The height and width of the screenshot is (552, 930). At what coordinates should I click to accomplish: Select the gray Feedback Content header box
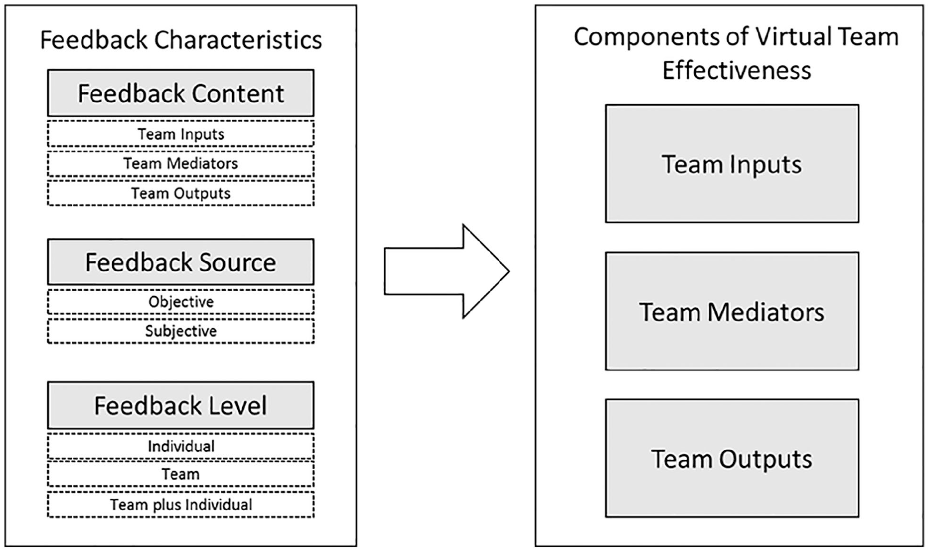click(180, 93)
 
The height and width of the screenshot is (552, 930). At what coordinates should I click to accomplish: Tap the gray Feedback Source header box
click(180, 262)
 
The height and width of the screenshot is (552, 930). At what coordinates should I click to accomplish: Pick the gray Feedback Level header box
click(180, 405)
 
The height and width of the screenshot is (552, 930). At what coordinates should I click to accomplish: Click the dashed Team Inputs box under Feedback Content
click(180, 134)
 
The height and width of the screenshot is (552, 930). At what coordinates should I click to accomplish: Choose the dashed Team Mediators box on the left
click(180, 164)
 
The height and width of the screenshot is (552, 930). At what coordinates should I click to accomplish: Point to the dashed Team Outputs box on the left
click(180, 193)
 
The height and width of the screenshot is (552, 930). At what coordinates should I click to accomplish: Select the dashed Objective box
click(180, 302)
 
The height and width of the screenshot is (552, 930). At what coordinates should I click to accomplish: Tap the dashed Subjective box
click(180, 331)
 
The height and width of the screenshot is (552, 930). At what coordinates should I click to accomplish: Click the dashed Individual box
click(180, 446)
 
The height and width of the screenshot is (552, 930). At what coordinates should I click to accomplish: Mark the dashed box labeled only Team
click(180, 474)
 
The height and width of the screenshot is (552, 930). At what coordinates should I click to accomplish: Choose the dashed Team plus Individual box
click(180, 505)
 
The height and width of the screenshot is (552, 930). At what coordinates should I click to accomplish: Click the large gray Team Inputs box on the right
click(732, 164)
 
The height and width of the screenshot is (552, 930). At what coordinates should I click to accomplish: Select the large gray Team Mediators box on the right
click(732, 311)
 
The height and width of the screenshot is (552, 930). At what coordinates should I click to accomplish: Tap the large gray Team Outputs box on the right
click(732, 458)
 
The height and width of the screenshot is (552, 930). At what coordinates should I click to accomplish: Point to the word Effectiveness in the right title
click(737, 70)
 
